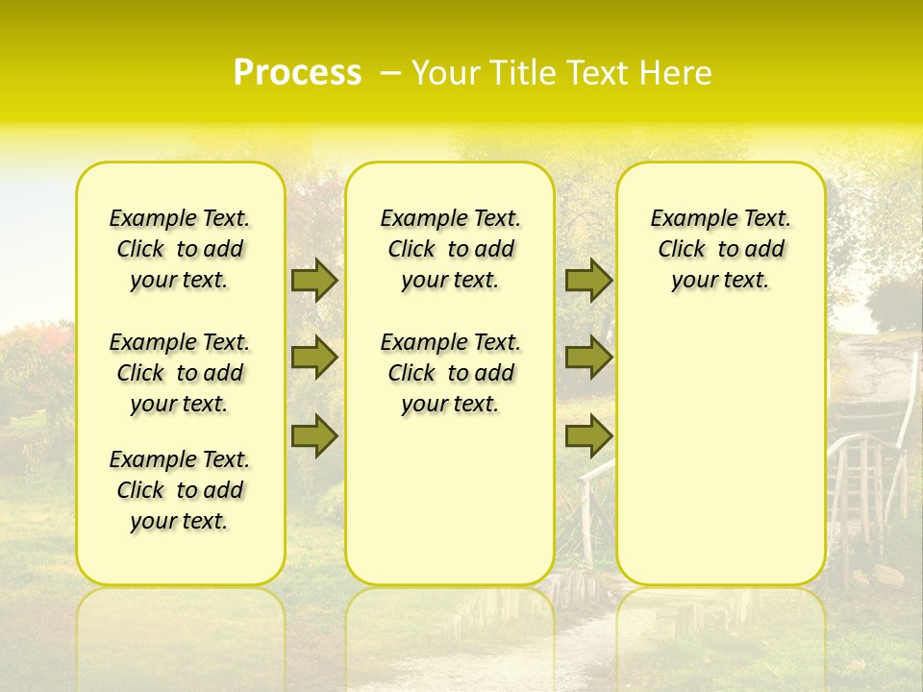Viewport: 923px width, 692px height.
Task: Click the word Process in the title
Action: pyautogui.click(x=297, y=73)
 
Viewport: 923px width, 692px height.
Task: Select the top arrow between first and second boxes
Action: pyautogui.click(x=313, y=280)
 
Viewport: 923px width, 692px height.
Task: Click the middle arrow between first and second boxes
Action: pyautogui.click(x=313, y=358)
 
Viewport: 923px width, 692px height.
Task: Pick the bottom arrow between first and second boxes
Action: pyautogui.click(x=313, y=436)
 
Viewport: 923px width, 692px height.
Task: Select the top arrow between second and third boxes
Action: pyautogui.click(x=588, y=280)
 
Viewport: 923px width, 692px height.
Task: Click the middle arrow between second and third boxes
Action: pyautogui.click(x=588, y=358)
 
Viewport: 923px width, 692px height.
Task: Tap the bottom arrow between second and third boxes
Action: pyautogui.click(x=588, y=436)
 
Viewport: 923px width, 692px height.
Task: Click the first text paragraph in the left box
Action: pyautogui.click(x=180, y=249)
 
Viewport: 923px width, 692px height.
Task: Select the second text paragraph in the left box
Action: pyautogui.click(x=180, y=373)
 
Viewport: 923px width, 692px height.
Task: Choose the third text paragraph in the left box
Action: pyautogui.click(x=180, y=490)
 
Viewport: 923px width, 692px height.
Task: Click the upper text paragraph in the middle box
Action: pyautogui.click(x=450, y=249)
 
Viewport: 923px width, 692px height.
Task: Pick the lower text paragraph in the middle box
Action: pyautogui.click(x=450, y=373)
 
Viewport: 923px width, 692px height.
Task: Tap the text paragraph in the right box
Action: pyautogui.click(x=720, y=249)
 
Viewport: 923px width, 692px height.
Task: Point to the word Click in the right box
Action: pyautogui.click(x=682, y=250)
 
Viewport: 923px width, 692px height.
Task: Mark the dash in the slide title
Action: pyautogui.click(x=390, y=74)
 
